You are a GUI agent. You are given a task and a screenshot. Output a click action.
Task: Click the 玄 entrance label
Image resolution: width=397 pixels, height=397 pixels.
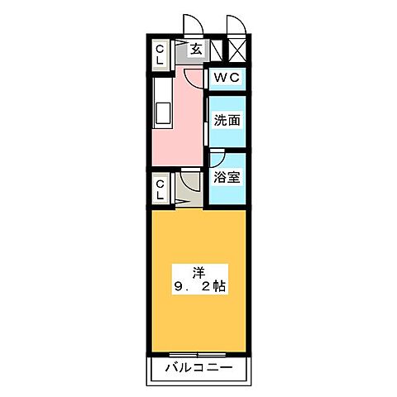pos(196,50)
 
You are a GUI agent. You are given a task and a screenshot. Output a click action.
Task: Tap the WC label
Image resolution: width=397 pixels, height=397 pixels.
pos(226,78)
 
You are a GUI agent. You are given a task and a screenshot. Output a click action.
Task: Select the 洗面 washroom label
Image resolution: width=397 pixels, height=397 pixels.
pos(227,119)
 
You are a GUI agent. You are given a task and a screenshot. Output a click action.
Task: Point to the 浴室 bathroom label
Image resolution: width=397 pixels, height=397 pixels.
pos(227,176)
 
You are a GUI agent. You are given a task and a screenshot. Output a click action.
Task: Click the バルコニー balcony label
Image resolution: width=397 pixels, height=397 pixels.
pos(198,366)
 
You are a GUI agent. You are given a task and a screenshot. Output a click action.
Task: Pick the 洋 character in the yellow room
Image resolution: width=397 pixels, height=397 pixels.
pos(198,270)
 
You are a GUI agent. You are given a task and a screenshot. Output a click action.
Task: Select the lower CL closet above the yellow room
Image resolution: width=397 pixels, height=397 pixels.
pos(160,188)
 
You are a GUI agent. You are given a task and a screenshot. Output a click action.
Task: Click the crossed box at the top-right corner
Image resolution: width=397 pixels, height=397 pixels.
pos(236,50)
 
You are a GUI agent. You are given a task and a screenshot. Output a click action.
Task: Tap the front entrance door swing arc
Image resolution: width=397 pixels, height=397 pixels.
pos(192,25)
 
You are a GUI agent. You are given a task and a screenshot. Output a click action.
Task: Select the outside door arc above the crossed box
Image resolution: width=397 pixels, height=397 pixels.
pos(235,25)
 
